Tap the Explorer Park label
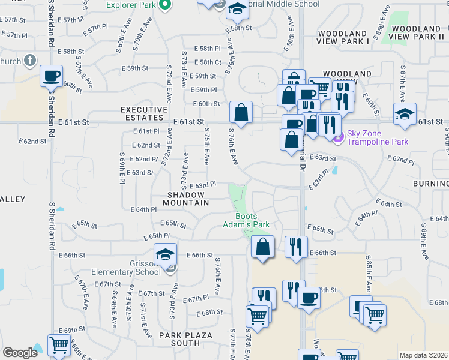coord(131,5)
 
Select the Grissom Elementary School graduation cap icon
coord(165,254)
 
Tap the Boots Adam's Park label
coord(252,220)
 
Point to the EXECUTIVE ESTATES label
coord(144,113)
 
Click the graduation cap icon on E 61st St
coord(405,114)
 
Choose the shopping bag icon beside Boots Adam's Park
coord(262,247)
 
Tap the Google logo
coord(20,353)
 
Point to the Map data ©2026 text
coord(423,355)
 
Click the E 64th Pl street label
coord(143,209)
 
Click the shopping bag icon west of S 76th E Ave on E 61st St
coord(241,112)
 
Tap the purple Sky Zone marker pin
coord(337,137)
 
